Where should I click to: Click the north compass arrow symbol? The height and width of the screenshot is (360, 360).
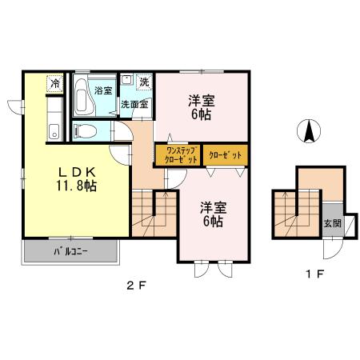coord(309,131)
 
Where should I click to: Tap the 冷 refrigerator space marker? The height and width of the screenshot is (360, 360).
coord(55,84)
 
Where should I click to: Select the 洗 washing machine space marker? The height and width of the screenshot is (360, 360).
coord(144,82)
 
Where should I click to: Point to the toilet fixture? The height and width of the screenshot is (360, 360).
coord(85,131)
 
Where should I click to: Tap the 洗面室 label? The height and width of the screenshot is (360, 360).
coord(134,105)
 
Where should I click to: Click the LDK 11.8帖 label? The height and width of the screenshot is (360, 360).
coord(77,179)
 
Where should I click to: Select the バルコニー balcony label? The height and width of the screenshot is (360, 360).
coord(71,252)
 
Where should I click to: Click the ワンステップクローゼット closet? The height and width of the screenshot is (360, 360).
coord(178,155)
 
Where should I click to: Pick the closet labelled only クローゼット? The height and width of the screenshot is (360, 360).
coord(226,155)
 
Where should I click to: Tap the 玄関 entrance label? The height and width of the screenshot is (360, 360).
coord(333,223)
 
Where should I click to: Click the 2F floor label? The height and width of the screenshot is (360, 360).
coord(136,286)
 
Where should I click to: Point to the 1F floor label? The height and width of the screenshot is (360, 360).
coord(315,274)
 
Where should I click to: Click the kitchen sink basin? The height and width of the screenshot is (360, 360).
coord(54,132)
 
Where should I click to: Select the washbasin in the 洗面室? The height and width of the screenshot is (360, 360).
coord(126,80)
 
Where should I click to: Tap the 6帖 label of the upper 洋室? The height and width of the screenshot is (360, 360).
coord(202,114)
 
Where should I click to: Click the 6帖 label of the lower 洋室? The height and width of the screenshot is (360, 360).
coord(213,221)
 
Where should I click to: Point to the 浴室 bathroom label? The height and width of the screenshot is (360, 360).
coord(103,90)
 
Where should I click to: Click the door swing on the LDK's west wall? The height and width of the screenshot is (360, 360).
coord(15,107)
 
